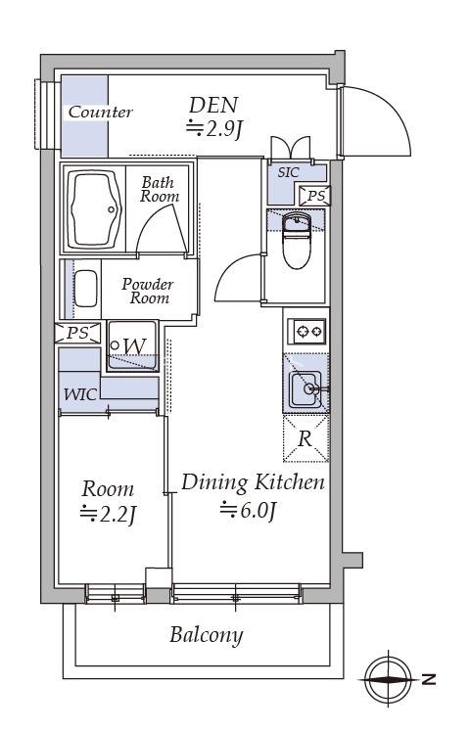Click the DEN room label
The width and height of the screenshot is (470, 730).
point(213,106)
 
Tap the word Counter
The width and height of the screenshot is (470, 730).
point(100,112)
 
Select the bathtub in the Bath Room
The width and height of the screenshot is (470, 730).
point(94,209)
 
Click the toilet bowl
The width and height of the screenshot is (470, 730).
point(297,241)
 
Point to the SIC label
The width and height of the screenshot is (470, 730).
point(288,172)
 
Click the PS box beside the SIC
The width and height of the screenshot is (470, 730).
point(315,196)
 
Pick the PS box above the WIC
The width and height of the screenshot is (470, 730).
point(77,333)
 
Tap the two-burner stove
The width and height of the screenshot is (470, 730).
point(306,332)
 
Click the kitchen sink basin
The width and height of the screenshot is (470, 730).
point(305,389)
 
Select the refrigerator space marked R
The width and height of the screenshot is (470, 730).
point(305,438)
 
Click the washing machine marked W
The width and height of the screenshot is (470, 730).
point(132,345)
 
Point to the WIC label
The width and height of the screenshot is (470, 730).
point(80,394)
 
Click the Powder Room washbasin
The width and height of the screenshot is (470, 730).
point(86,289)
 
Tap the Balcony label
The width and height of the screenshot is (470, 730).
point(207,634)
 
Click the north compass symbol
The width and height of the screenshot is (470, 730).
point(388,679)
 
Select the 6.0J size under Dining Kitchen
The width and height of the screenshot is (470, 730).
point(249,510)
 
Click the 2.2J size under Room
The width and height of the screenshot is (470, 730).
point(108,514)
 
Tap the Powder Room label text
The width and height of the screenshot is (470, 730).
point(148,291)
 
